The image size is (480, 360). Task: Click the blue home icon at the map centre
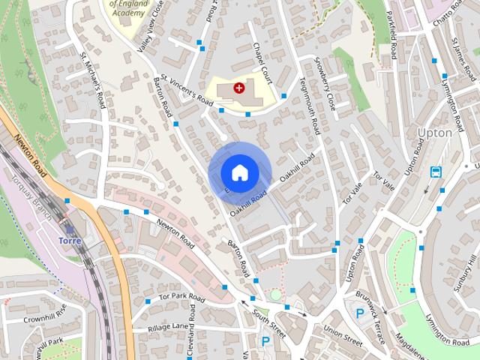(238, 172)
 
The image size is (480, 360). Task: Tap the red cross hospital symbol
(239, 88)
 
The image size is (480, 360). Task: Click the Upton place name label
(434, 133)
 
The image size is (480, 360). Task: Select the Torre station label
(70, 241)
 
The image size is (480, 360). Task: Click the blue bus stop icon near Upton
(436, 172)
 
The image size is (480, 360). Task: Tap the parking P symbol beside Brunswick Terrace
(360, 313)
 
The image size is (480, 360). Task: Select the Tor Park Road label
(182, 298)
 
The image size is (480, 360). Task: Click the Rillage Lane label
(168, 327)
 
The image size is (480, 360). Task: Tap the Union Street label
(342, 335)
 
